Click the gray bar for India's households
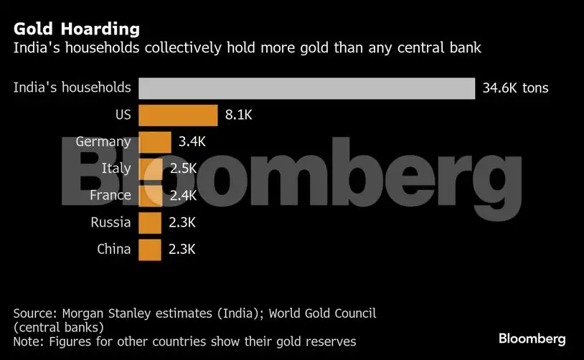[x=306, y=88]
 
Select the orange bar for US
[x=178, y=115]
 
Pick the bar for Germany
[x=155, y=142]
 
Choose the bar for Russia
[x=149, y=222]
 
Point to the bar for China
[x=149, y=250]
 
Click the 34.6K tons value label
[x=515, y=89]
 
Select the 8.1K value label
[x=239, y=115]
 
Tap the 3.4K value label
[x=192, y=142]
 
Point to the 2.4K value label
[x=182, y=195]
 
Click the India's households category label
[x=72, y=88]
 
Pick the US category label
[x=123, y=115]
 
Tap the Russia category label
[x=110, y=222]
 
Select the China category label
[x=113, y=250]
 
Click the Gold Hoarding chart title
[x=76, y=29]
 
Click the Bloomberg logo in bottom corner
[x=532, y=338]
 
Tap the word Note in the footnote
[x=27, y=341]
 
